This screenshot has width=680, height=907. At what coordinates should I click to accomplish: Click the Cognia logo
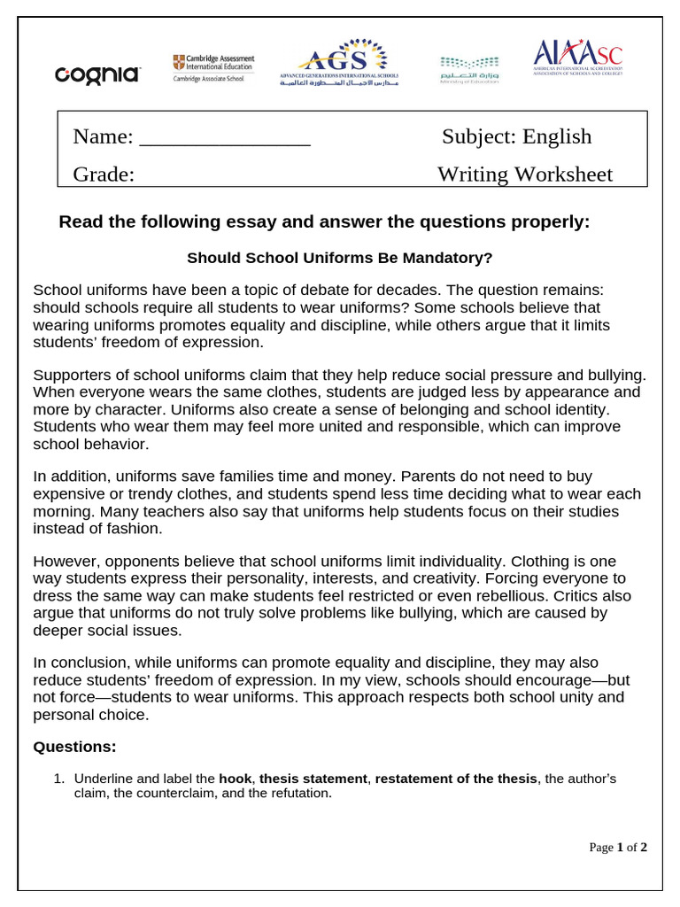tap(97, 74)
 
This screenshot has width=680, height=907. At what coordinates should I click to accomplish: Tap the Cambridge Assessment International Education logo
tap(212, 67)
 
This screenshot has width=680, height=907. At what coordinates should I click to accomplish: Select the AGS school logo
tap(339, 62)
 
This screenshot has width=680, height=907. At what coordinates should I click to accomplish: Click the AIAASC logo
tap(578, 58)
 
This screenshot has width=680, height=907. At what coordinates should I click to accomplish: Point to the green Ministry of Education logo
tap(469, 68)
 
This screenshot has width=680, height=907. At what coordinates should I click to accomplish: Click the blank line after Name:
tap(225, 137)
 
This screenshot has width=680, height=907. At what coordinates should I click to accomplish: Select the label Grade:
tap(104, 174)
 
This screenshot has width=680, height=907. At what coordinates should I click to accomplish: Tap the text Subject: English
tap(516, 136)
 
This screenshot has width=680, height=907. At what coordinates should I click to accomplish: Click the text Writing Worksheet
tap(524, 174)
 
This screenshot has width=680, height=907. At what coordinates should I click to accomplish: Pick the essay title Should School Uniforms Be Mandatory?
tap(339, 258)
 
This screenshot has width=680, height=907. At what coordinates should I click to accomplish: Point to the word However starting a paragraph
tap(64, 562)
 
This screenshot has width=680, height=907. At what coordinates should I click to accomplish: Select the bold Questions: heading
tap(74, 747)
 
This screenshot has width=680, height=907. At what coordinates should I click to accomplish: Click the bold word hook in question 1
tap(235, 779)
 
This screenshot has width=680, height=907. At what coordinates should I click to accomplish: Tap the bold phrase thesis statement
tap(313, 779)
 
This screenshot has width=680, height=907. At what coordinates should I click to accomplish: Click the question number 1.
tap(58, 779)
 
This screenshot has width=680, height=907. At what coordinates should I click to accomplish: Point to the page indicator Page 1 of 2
tap(618, 848)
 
